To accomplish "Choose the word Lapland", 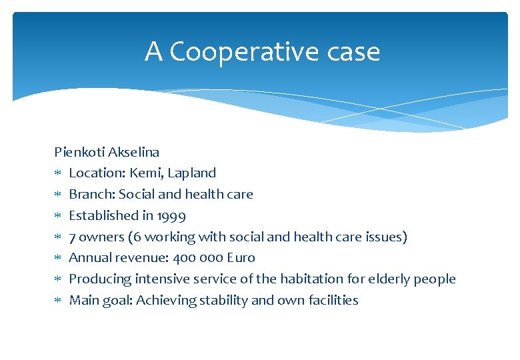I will [192, 173].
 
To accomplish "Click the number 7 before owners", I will [73, 237].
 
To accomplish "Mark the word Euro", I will [241, 258].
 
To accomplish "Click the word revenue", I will [145, 258].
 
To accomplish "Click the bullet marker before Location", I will [58, 173].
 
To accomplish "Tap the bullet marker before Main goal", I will [58, 301].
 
